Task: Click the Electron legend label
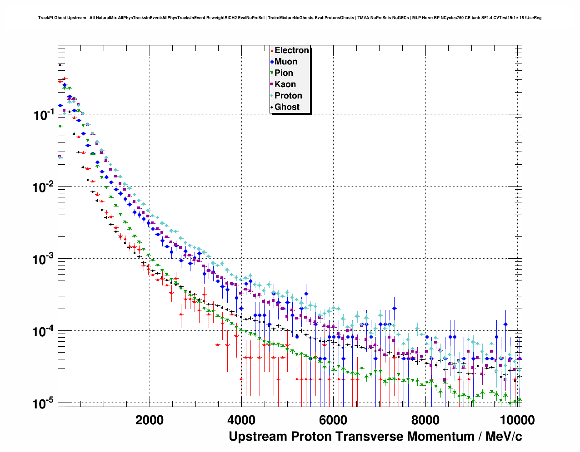[292, 50]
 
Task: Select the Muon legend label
[286, 62]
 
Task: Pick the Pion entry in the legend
[284, 73]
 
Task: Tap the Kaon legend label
[285, 84]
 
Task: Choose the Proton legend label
[288, 96]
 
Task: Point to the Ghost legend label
[287, 107]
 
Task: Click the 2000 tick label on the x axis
[150, 420]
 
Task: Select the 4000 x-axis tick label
[241, 420]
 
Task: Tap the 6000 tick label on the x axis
[333, 420]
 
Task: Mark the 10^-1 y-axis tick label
[45, 115]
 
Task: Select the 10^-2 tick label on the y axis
[45, 187]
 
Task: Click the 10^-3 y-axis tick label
[45, 259]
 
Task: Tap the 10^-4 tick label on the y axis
[45, 331]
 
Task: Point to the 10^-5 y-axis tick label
[45, 403]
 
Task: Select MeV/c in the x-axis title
[504, 437]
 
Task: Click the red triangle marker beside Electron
[272, 51]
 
